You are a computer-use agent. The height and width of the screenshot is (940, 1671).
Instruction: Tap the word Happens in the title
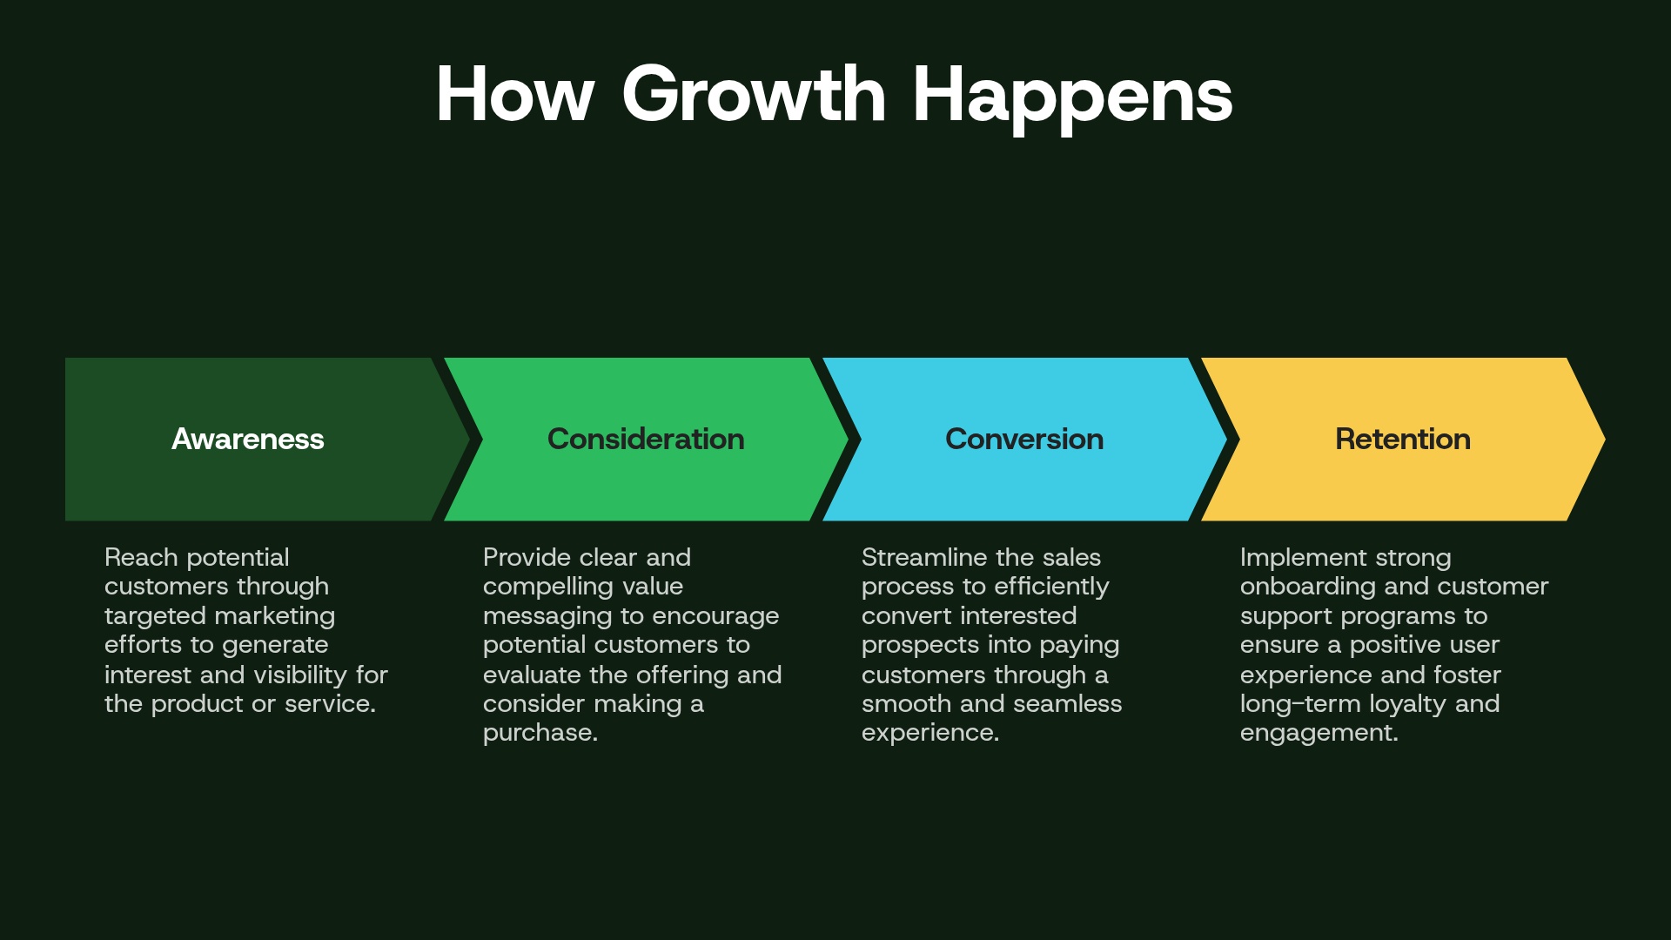click(1072, 96)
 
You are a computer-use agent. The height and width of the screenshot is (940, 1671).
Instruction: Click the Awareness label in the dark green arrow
click(248, 439)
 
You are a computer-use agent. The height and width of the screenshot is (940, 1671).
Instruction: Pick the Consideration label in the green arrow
click(646, 439)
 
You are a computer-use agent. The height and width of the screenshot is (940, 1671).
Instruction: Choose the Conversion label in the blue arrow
click(1024, 439)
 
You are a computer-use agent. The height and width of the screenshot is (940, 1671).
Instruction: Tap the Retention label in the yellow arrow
click(1403, 439)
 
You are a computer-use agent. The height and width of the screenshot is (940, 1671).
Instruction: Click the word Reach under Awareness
click(141, 557)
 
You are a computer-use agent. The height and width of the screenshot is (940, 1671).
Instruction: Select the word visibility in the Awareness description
click(300, 675)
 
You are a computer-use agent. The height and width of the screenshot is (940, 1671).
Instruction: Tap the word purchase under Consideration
click(538, 733)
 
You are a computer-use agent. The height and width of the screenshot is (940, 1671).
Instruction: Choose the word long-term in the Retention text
click(1300, 703)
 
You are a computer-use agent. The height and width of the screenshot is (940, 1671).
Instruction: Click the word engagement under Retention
click(1317, 733)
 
